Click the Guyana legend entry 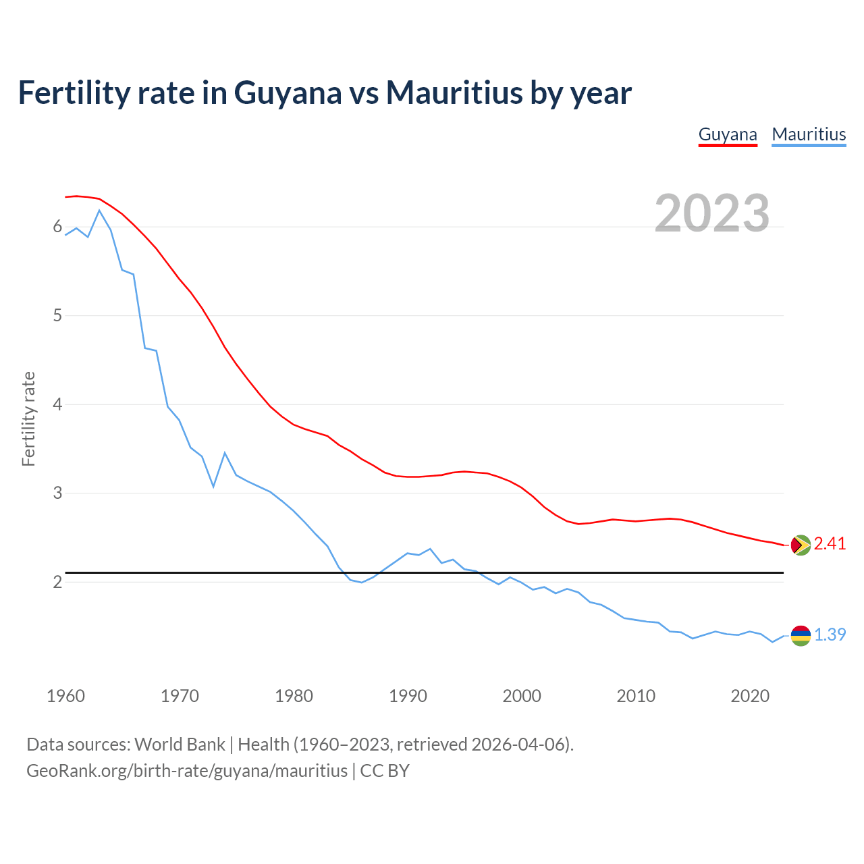tap(727, 134)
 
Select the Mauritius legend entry tap(809, 134)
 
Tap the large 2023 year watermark tap(712, 213)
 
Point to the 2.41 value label tap(830, 544)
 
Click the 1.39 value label tap(830, 635)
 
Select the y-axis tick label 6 tap(57, 227)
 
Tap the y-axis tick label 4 tap(57, 404)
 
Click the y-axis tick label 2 tap(57, 582)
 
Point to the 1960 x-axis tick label tap(65, 696)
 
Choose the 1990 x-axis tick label tap(408, 696)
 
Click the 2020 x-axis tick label tap(750, 696)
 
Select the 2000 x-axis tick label tap(522, 696)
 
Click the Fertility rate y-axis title tap(28, 418)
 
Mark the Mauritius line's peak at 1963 tap(99, 211)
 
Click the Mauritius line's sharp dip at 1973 tap(213, 486)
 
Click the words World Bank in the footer tap(180, 745)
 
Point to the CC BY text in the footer tap(385, 771)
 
